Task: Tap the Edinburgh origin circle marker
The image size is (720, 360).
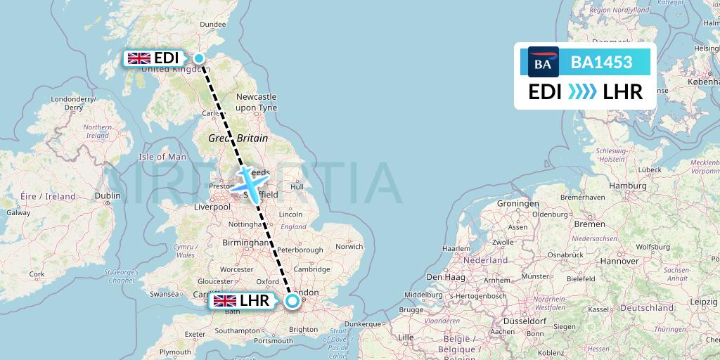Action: tap(200, 58)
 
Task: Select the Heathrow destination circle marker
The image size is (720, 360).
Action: tap(292, 302)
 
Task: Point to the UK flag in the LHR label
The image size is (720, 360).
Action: tap(225, 302)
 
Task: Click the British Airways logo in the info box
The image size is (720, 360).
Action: tap(543, 63)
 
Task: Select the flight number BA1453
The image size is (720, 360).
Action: tap(601, 63)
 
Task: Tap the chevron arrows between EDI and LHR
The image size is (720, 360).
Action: tap(581, 91)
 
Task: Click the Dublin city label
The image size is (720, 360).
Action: tap(108, 197)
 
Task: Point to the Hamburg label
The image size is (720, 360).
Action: tap(607, 185)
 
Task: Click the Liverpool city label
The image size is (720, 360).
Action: tap(213, 207)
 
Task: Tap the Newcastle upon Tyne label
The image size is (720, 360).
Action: tap(257, 101)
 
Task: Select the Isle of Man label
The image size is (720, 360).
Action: tap(162, 157)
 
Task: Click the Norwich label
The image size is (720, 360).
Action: tap(349, 247)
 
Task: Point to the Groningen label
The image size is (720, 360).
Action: tap(517, 203)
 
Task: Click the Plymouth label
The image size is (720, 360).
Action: tap(175, 352)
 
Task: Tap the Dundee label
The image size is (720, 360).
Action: tap(213, 25)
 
